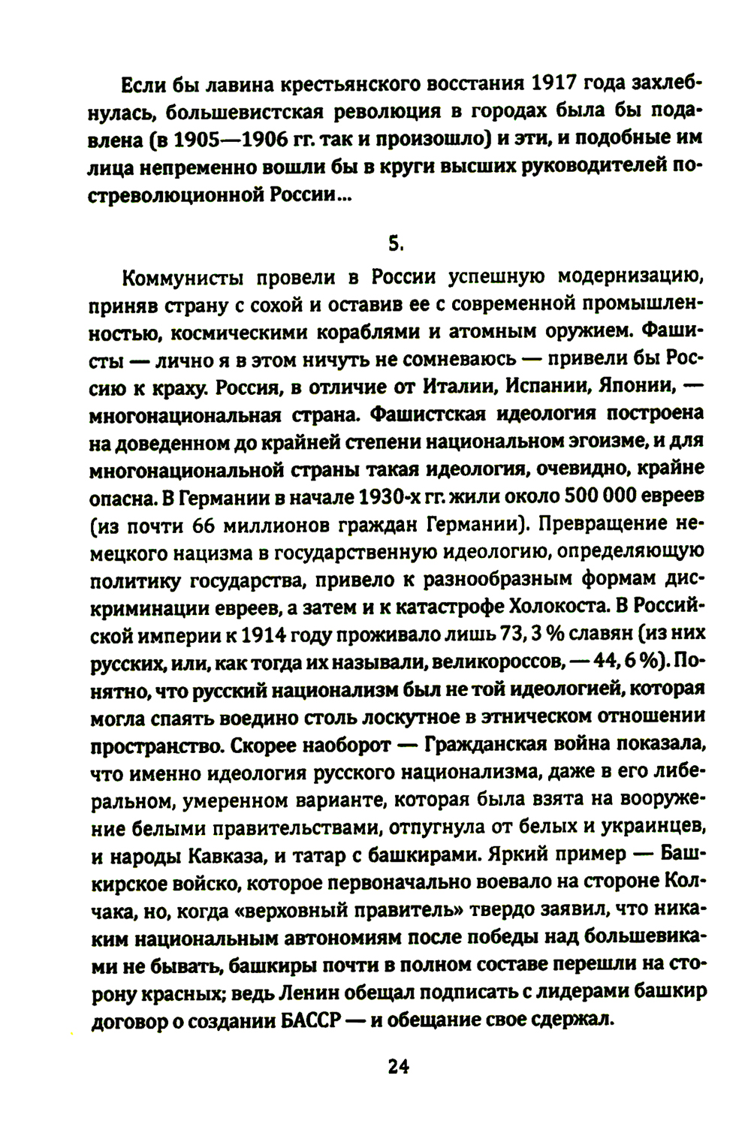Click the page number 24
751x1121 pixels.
397,1067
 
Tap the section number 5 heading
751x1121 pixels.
397,243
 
